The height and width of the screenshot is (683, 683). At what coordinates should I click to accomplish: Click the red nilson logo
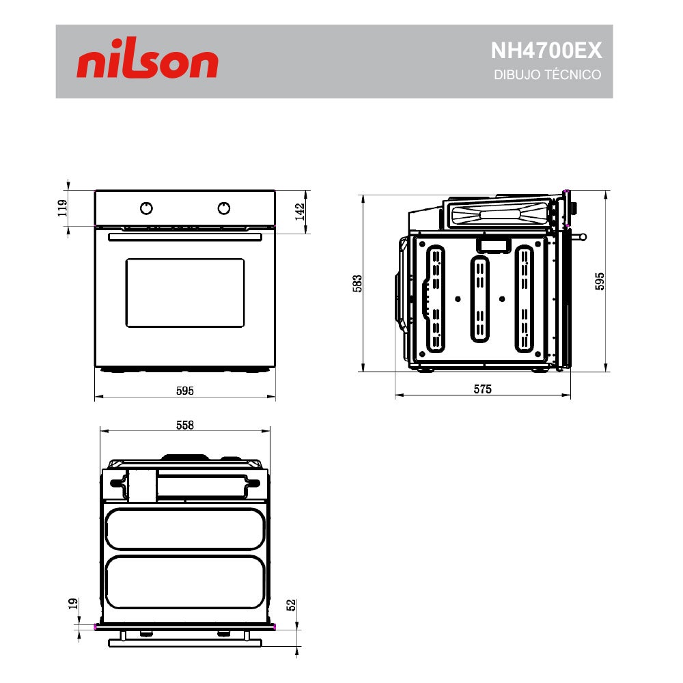coord(148,63)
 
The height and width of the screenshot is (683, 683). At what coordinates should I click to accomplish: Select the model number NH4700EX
coord(546,51)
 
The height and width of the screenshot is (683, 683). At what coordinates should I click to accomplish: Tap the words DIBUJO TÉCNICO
coord(547,75)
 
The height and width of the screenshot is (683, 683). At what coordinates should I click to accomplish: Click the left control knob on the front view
coord(146,208)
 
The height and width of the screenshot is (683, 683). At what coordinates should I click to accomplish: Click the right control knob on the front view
coord(224,208)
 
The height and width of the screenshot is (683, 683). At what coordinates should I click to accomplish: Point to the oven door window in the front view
coord(184,292)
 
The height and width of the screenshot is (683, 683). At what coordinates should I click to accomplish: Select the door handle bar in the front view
coord(184,236)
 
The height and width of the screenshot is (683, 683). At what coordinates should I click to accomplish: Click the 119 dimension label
coord(61,208)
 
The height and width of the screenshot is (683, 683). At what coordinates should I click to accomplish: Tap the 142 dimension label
coord(298,211)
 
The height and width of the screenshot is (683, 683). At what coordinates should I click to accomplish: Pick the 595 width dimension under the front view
coord(185,391)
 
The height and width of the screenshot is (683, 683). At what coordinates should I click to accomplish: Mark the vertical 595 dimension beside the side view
coord(600,281)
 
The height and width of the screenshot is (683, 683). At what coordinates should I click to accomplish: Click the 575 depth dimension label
coord(482,389)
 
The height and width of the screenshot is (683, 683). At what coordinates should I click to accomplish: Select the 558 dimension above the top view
coord(185,425)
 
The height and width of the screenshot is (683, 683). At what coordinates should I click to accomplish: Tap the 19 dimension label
coord(72,604)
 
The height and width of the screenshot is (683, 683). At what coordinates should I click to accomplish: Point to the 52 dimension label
coord(291,605)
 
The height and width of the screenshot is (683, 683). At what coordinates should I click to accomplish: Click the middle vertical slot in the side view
coord(479,299)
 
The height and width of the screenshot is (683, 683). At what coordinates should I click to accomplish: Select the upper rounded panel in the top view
coord(184,529)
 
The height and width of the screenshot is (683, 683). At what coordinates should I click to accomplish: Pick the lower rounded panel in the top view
coord(184,581)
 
